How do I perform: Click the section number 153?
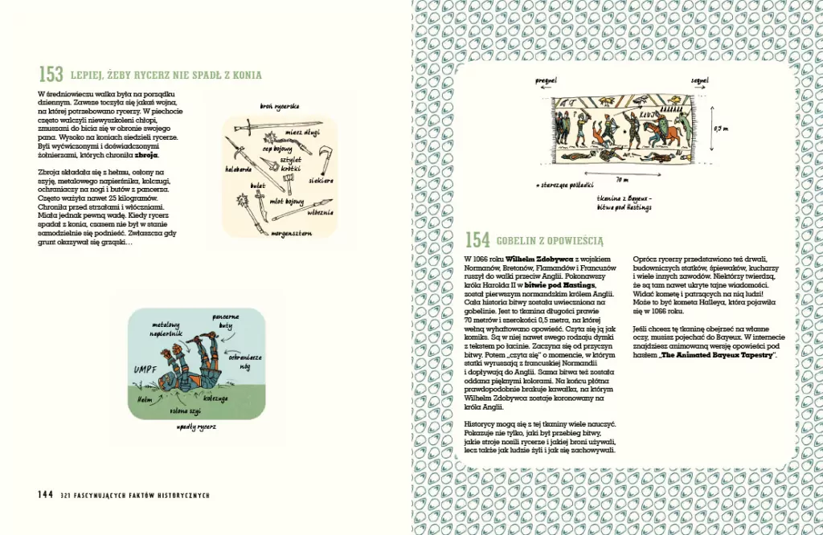(51, 75)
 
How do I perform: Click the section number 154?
(477, 239)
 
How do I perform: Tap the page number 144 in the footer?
(45, 495)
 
